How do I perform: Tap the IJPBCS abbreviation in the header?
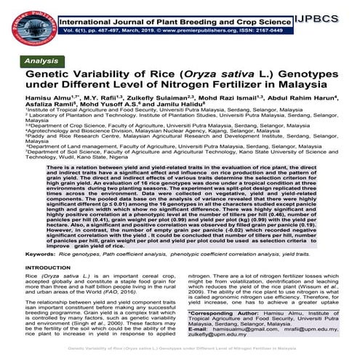pos(333,13)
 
